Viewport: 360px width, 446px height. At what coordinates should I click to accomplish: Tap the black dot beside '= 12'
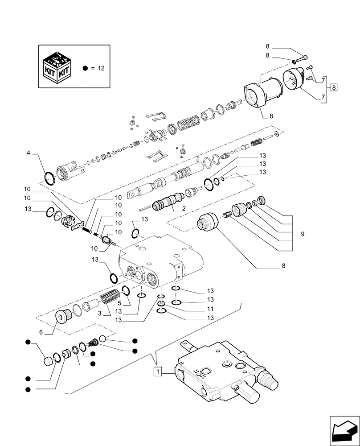(86, 68)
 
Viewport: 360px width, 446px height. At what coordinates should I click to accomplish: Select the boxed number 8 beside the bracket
(334, 87)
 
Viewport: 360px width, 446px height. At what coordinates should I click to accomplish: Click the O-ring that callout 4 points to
(50, 178)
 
